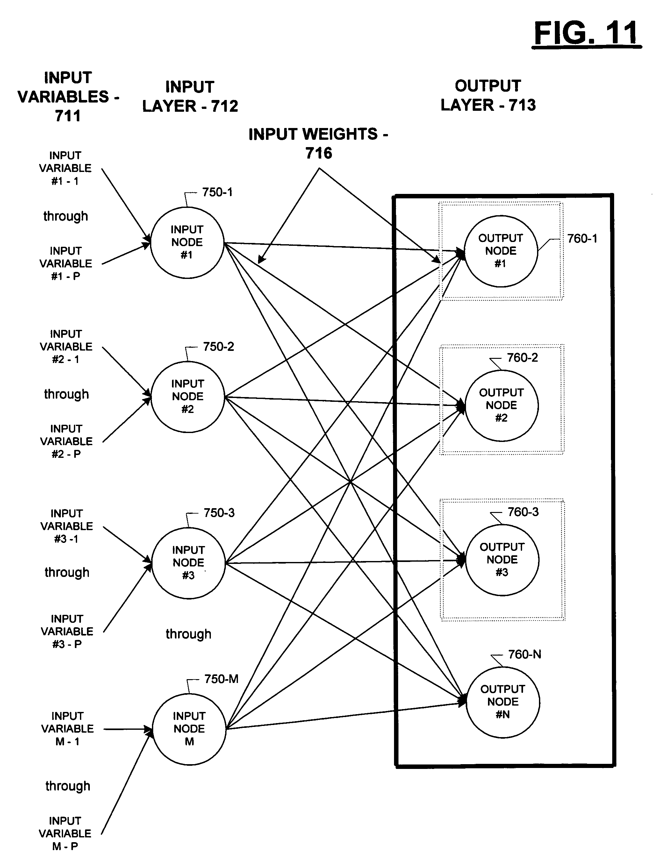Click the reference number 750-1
point(217,192)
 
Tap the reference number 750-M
point(221,679)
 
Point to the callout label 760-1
point(582,238)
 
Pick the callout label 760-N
point(525,654)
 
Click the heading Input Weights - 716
point(319,143)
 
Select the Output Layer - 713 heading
point(488,96)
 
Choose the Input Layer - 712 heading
point(190,96)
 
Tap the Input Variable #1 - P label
point(66,264)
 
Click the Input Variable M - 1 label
point(68,729)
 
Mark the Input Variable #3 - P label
point(67,631)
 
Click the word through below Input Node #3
point(189,634)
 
